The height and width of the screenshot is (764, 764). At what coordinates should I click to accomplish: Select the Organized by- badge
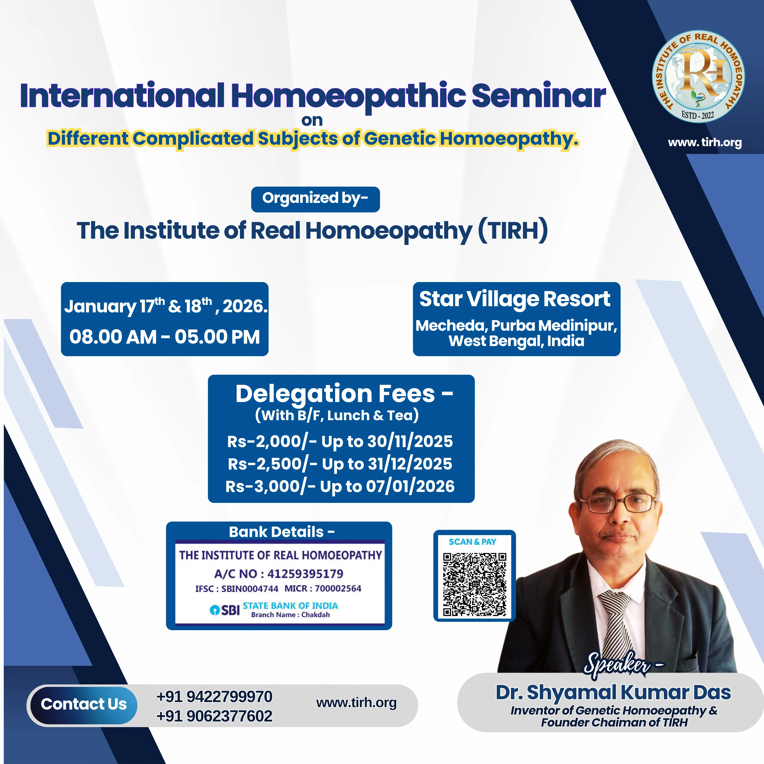(315, 199)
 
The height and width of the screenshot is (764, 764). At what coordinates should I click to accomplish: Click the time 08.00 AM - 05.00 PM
(165, 337)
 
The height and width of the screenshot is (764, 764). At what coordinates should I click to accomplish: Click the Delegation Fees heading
(344, 394)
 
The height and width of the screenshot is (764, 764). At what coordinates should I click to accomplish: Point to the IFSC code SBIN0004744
(249, 589)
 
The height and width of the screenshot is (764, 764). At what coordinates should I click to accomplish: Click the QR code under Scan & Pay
(474, 585)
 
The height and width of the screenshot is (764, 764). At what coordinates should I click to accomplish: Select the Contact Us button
(83, 704)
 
